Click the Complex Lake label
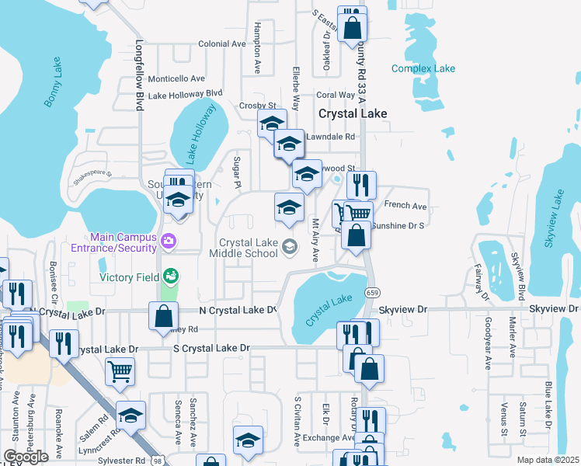[x=423, y=68]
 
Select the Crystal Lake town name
[x=353, y=113]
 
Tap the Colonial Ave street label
[x=221, y=44]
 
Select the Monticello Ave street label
[x=176, y=78]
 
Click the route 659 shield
[x=374, y=293]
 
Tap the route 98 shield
[x=158, y=461]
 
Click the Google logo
[x=26, y=457]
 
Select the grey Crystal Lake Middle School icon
[x=290, y=247]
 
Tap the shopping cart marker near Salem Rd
[x=120, y=371]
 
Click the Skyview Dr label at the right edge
[x=555, y=309]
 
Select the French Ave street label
[x=405, y=206]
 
